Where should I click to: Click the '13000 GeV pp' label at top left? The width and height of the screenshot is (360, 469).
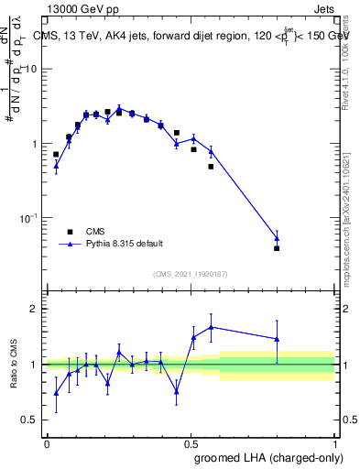click(80, 10)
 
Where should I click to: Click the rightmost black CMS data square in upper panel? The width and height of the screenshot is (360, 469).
click(277, 248)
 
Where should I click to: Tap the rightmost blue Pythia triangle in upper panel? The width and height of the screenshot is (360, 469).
click(277, 238)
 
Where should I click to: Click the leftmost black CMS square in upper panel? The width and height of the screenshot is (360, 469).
click(56, 155)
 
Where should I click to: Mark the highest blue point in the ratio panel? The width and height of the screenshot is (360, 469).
click(212, 327)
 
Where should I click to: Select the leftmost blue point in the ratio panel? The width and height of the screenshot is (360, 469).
click(56, 393)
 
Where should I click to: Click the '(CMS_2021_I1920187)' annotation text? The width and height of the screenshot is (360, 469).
click(191, 273)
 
